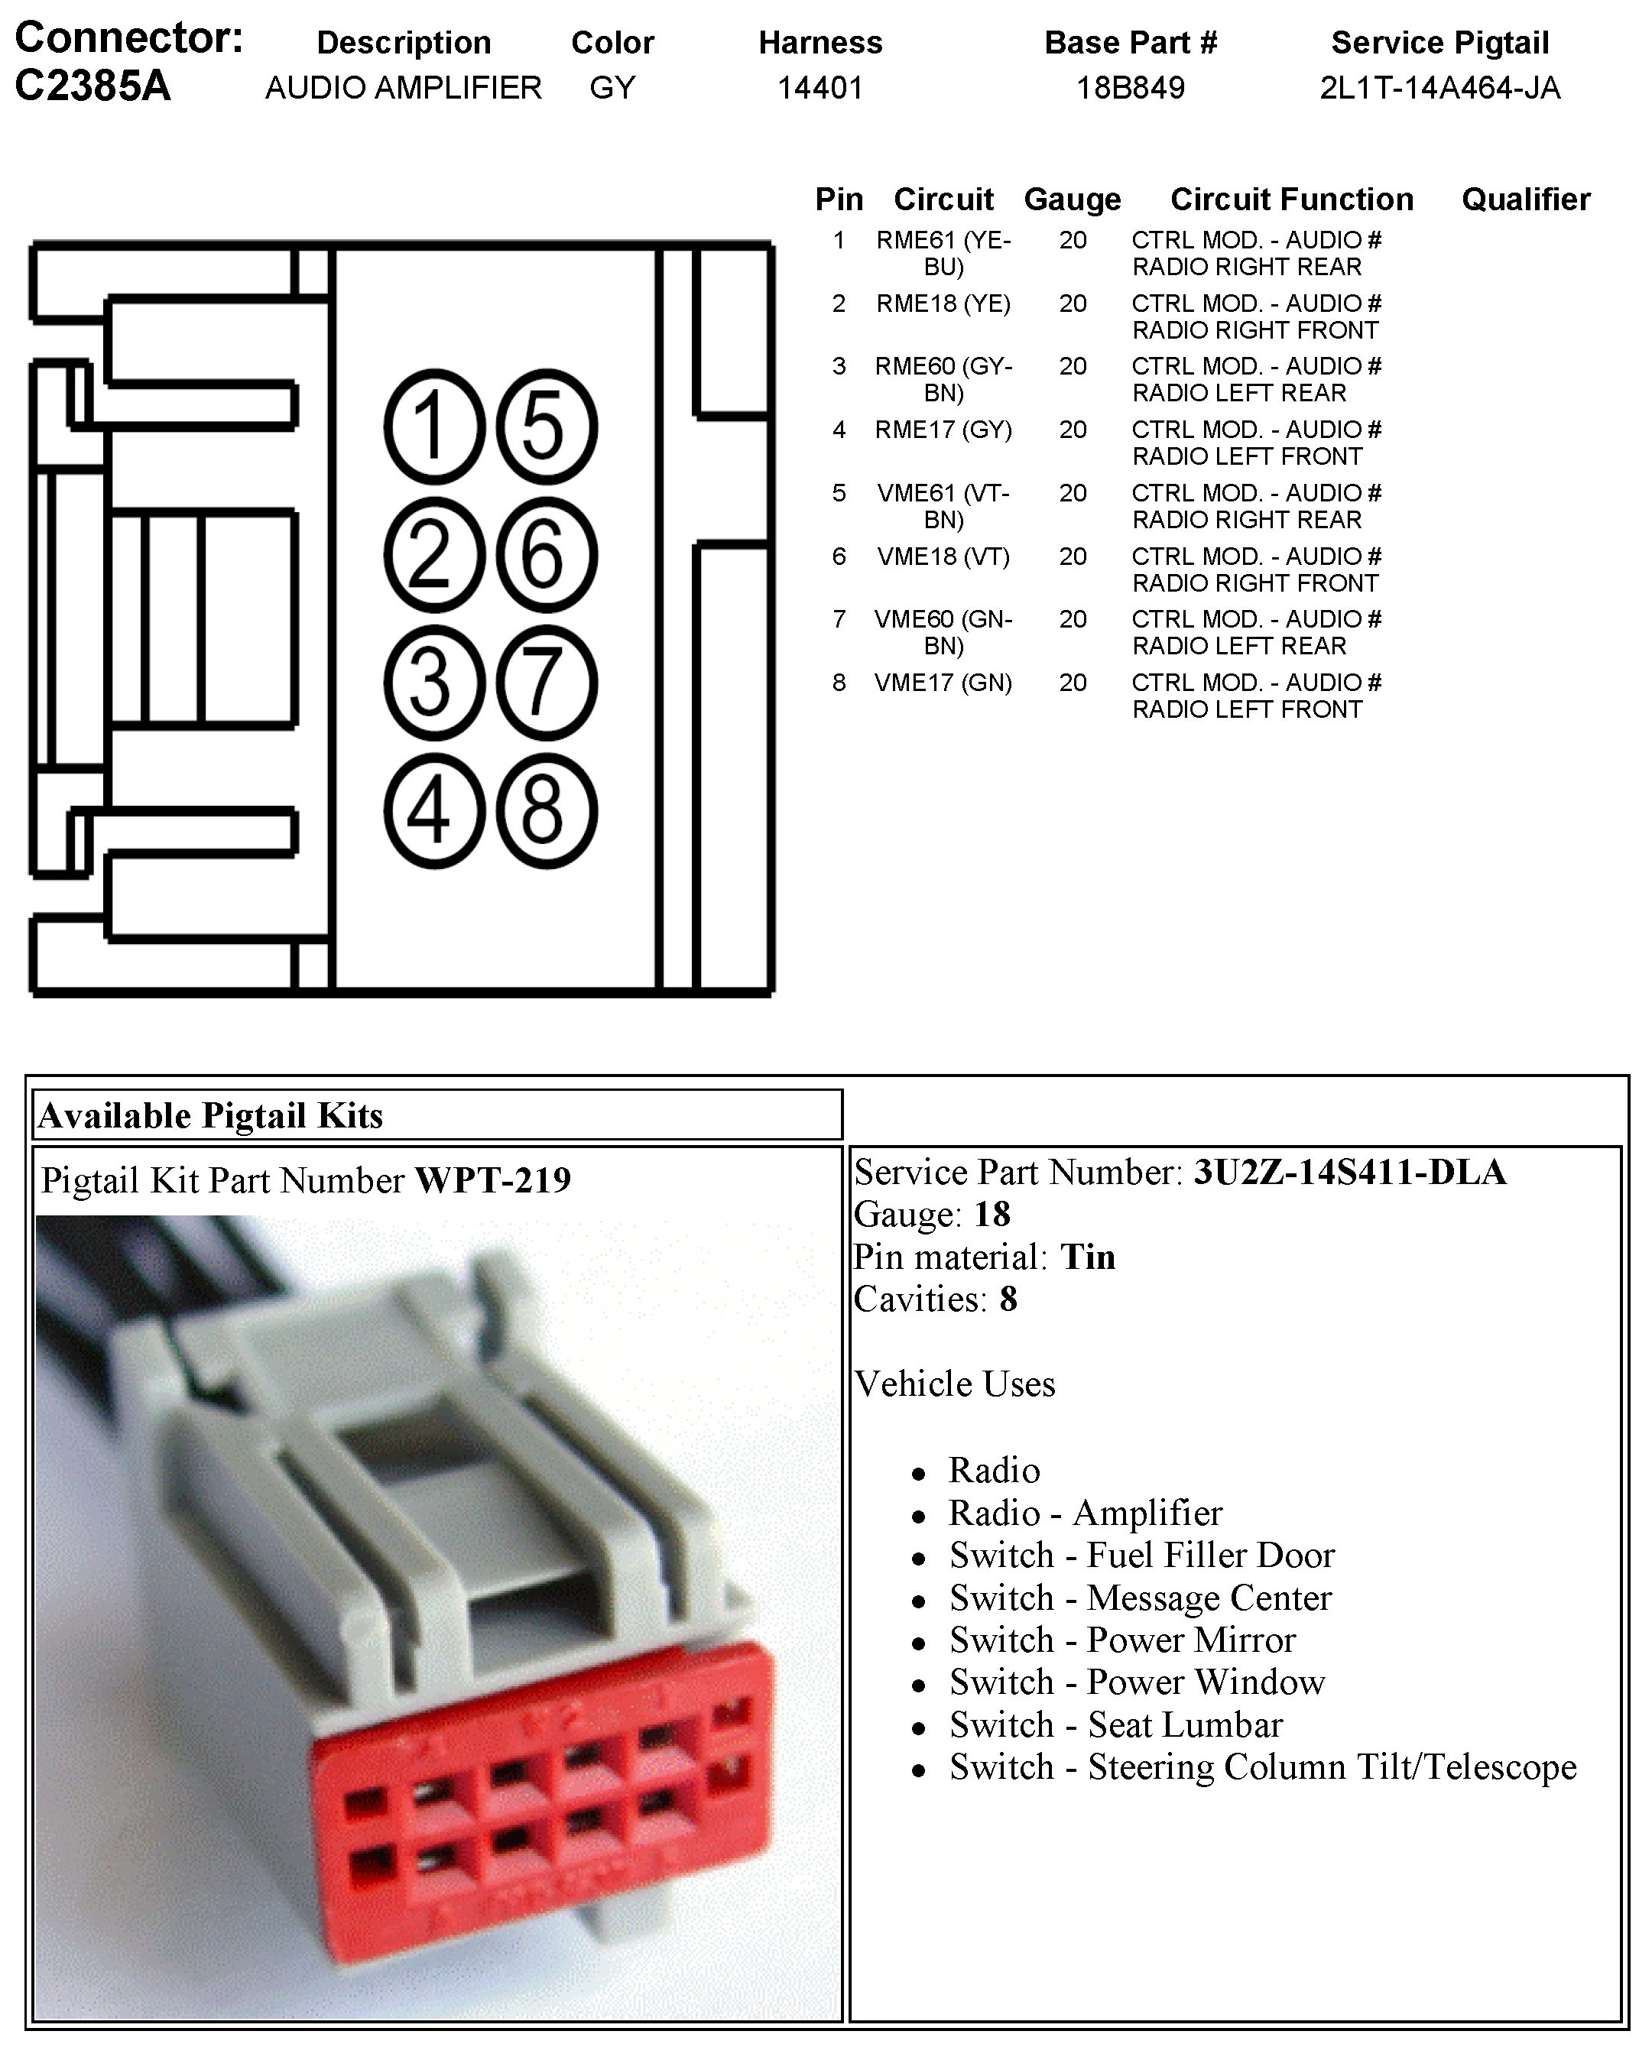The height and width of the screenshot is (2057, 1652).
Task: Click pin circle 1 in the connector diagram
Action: [434, 426]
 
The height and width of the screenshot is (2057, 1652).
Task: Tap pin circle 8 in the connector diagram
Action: [546, 811]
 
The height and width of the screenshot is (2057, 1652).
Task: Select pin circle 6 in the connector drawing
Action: [546, 554]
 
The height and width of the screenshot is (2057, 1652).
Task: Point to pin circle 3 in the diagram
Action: [434, 683]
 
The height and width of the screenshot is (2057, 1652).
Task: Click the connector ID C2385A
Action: [92, 86]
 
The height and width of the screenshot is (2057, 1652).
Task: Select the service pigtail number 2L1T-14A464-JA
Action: [1439, 88]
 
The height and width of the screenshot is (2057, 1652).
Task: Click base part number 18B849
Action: [1130, 88]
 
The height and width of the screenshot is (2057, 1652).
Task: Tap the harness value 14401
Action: [820, 88]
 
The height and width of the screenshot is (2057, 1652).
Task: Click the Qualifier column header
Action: [1525, 200]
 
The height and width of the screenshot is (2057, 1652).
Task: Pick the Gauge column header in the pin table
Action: [1072, 200]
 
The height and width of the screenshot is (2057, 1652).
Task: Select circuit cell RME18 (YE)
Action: [943, 303]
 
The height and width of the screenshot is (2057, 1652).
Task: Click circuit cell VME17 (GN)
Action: [943, 682]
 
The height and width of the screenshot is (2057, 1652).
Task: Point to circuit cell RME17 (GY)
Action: [943, 430]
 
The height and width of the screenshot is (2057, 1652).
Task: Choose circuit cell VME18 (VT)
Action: [943, 556]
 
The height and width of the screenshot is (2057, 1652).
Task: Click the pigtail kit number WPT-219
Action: [492, 1180]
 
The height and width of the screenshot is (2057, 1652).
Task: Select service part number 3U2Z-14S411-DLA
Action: [1349, 1172]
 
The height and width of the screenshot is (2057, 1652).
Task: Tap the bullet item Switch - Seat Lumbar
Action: [1115, 1724]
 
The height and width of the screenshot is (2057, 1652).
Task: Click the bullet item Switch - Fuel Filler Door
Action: [1141, 1554]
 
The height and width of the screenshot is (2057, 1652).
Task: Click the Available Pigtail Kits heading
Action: [210, 1115]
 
